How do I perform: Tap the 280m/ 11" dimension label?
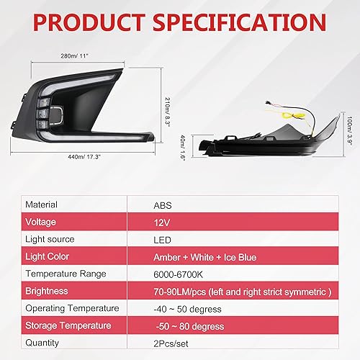(74, 55)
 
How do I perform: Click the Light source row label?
(50, 240)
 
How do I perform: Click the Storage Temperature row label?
(71, 326)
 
